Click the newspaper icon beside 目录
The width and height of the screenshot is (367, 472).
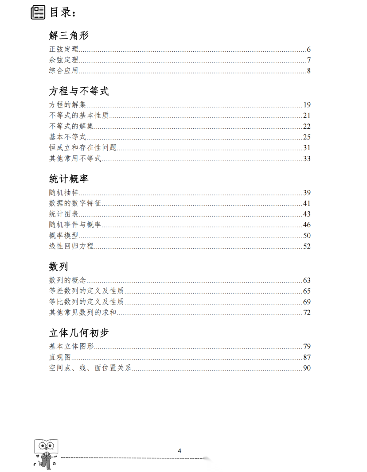click(x=39, y=12)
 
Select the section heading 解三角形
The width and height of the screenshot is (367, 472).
click(x=69, y=35)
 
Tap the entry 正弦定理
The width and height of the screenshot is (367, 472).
click(x=64, y=50)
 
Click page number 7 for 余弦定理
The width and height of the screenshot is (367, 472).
click(x=308, y=60)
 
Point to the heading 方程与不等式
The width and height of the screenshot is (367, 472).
click(x=79, y=91)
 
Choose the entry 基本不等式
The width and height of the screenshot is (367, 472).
click(x=67, y=137)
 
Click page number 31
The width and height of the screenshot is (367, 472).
click(x=307, y=148)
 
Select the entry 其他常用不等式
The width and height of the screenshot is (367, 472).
click(x=75, y=159)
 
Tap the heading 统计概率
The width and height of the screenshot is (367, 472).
click(x=69, y=179)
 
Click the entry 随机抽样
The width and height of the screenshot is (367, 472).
click(x=64, y=193)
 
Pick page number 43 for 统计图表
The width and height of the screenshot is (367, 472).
click(x=307, y=214)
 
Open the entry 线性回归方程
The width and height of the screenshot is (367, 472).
click(x=71, y=246)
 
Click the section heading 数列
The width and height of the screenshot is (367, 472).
click(x=59, y=267)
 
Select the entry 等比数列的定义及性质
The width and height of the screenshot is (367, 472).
click(x=86, y=302)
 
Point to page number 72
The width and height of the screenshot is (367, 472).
click(x=307, y=313)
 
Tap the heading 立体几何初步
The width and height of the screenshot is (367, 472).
click(x=79, y=333)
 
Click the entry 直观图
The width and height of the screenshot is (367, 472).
click(x=60, y=357)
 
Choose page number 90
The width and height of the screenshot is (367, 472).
click(x=307, y=368)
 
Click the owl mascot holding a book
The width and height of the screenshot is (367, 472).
click(x=46, y=452)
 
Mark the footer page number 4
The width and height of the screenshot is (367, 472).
click(x=180, y=451)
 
